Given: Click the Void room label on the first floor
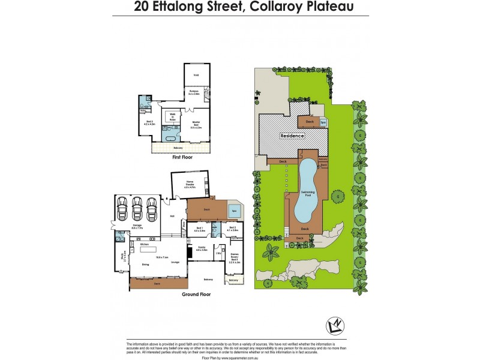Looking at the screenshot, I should point(196,75).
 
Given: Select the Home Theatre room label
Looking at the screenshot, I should point(190,186).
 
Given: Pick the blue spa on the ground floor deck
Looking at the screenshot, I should point(232,210).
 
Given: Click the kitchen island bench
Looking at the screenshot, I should point(148,249).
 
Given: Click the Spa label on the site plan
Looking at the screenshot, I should point(323,122).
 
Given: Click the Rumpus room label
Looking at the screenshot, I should point(194,94).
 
